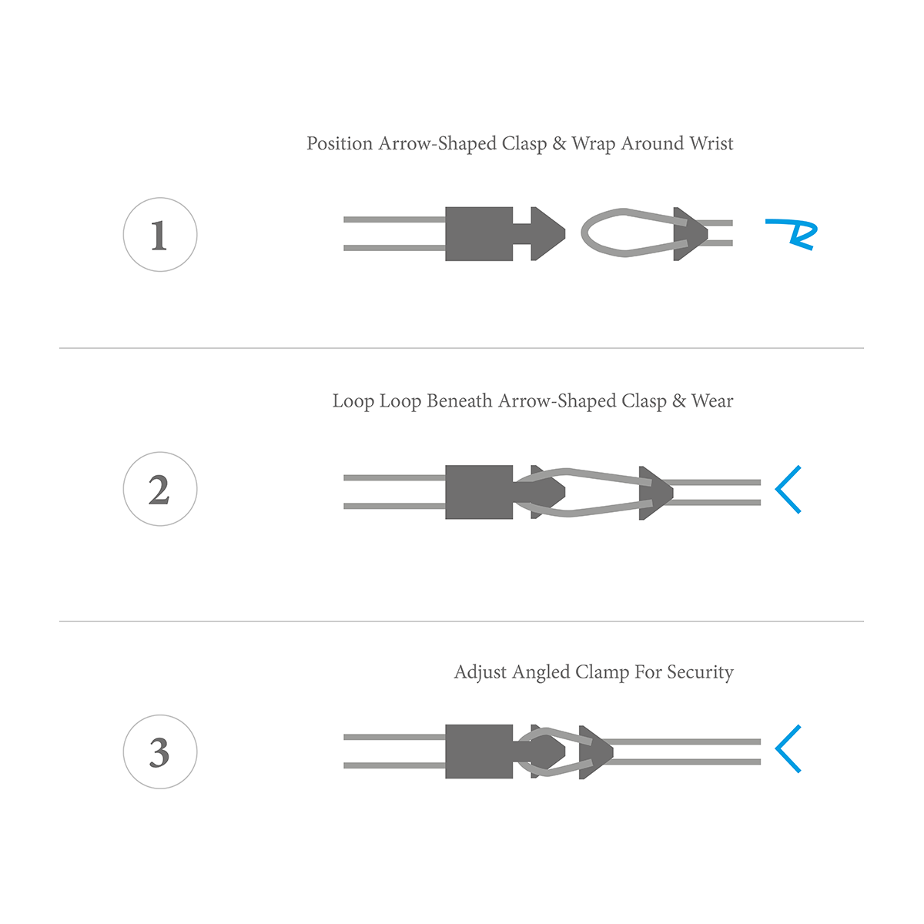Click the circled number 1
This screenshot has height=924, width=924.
point(159,235)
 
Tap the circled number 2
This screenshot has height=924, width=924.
point(159,489)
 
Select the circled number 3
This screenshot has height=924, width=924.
point(159,752)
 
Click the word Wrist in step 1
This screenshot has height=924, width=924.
point(711,143)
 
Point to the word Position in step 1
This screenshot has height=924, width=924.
point(340,143)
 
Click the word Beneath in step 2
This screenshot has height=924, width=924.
point(460,401)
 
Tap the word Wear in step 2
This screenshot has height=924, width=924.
point(711,401)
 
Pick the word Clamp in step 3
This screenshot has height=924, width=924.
point(602,671)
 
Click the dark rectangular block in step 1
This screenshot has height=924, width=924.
point(479,234)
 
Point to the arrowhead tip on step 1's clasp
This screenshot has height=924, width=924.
point(565,234)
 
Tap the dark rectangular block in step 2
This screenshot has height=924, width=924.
point(479,492)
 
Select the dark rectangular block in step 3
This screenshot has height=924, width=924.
point(479,752)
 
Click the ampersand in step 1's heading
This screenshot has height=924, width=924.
point(559,143)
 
